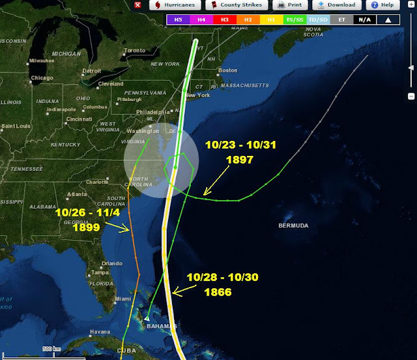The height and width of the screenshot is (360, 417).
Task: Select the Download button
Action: pos(336,5)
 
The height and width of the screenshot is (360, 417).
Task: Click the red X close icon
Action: pos(137,5)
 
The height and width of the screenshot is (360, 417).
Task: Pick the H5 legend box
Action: pos(178,20)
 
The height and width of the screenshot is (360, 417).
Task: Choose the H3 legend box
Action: pos(225,20)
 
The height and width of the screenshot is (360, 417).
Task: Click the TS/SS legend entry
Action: pos(295,20)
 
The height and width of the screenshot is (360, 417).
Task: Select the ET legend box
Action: pos(341,20)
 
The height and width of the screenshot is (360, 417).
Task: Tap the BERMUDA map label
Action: pos(293,226)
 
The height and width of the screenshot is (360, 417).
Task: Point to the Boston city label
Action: pos(227,70)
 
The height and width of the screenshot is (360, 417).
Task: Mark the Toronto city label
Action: pos(135,50)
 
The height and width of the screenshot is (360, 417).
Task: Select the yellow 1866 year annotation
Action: pos(218,292)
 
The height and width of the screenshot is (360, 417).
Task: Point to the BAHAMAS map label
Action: pos(161,325)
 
